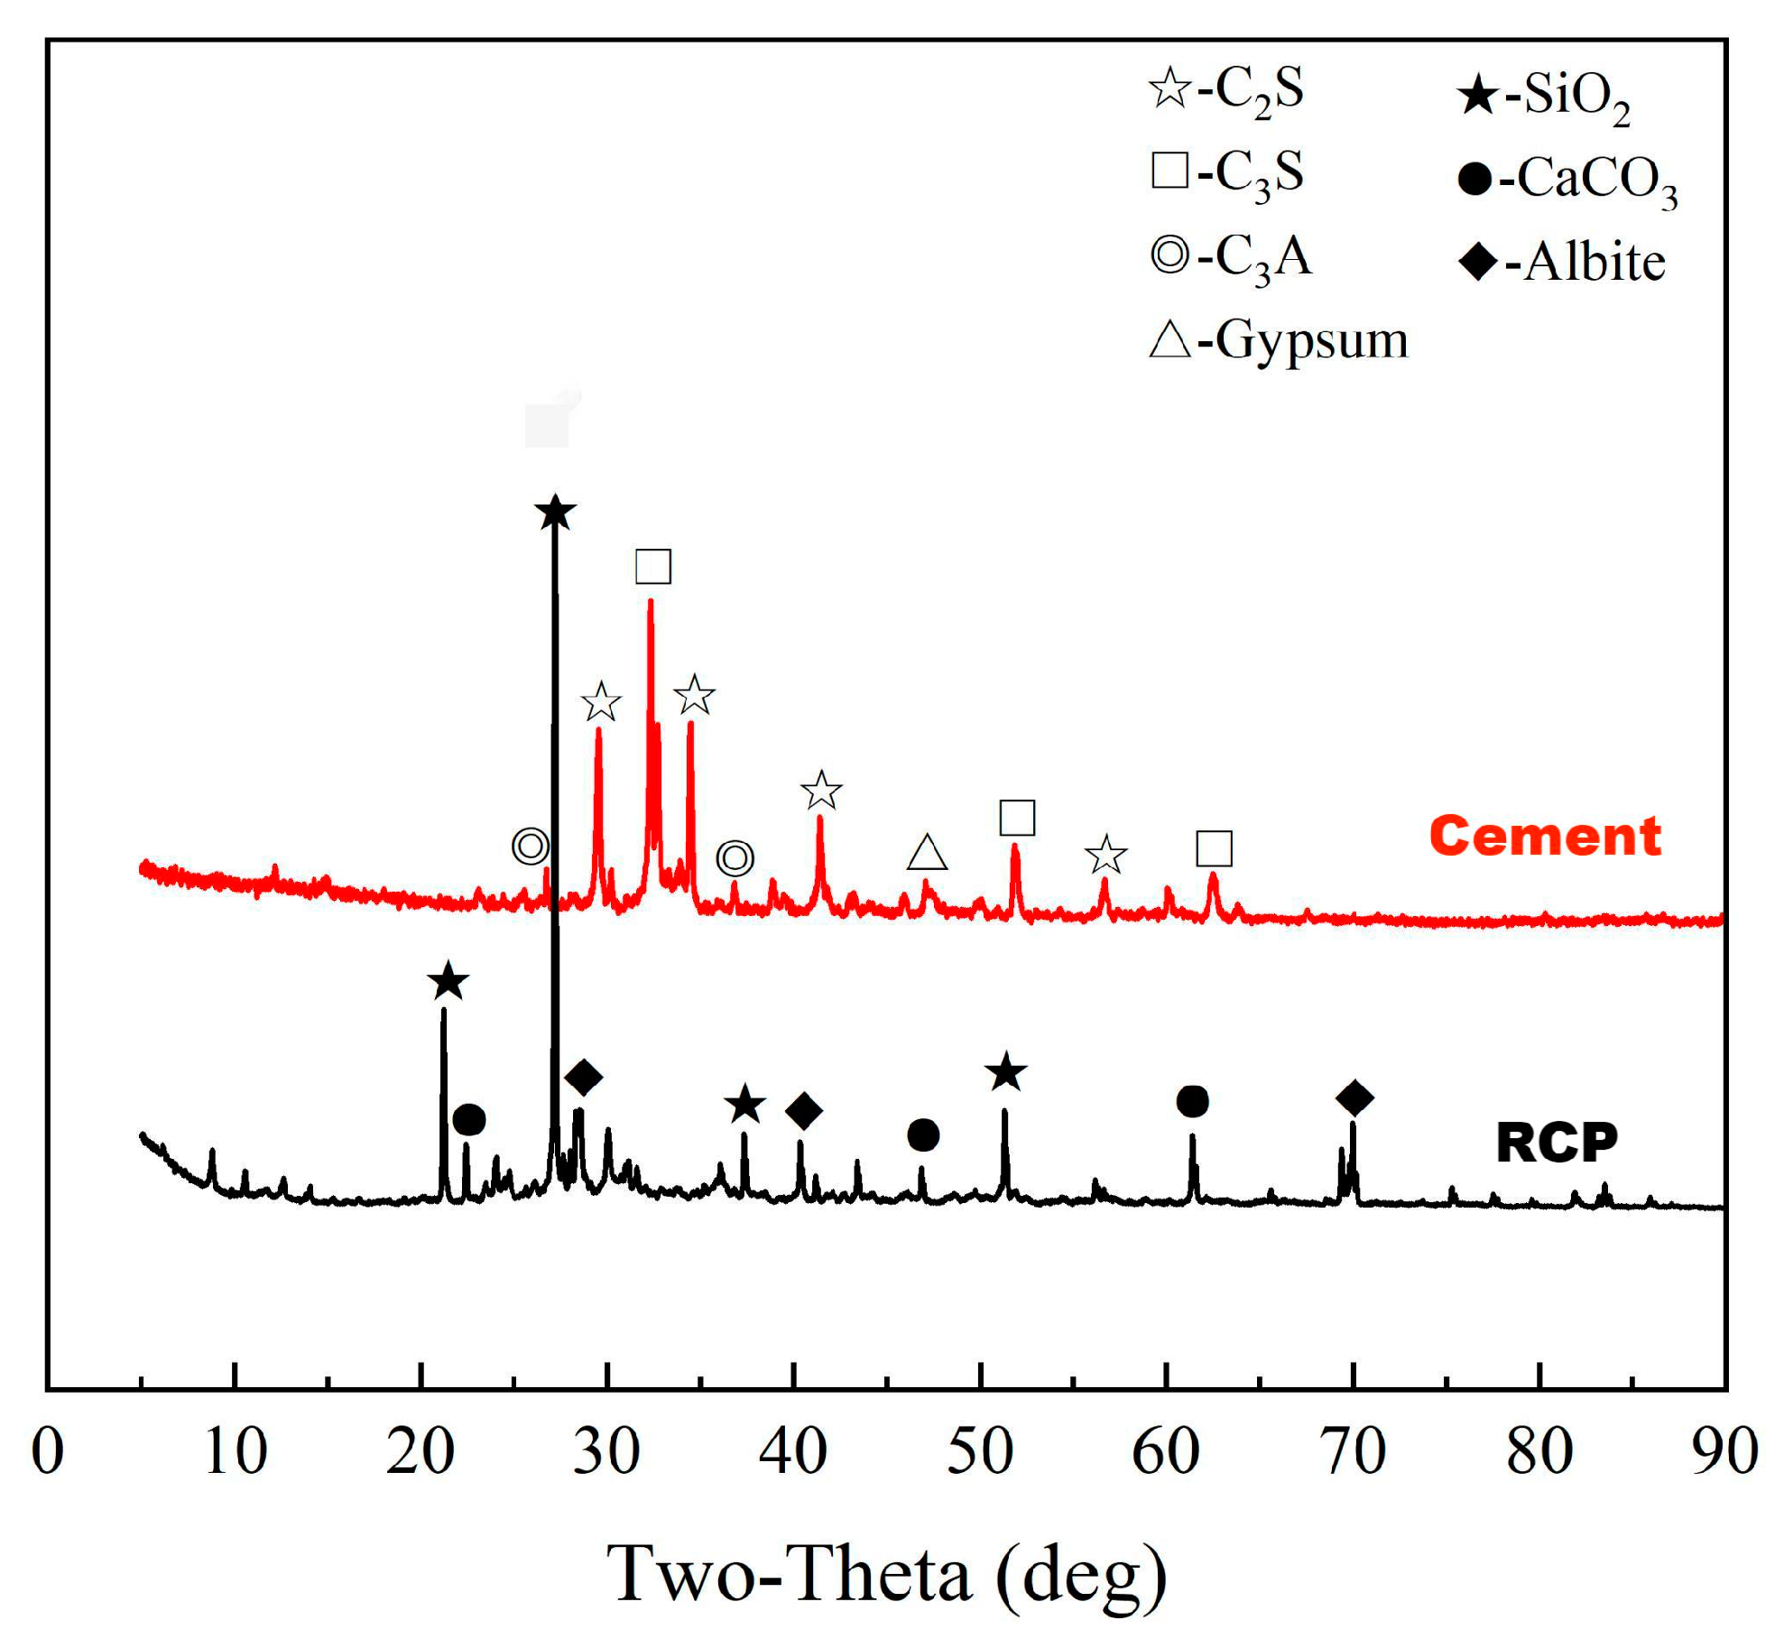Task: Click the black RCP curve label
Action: coord(1556,1143)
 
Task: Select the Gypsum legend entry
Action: coord(1277,340)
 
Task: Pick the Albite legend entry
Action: coord(1561,263)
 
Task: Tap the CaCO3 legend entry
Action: coord(1567,179)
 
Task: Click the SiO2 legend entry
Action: coord(1543,95)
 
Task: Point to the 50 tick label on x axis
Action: coord(979,1451)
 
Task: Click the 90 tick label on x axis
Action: coord(1724,1451)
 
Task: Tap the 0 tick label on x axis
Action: coord(48,1451)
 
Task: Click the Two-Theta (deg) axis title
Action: coord(887,1573)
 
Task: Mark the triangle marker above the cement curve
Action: coord(927,852)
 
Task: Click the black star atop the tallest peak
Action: coord(555,513)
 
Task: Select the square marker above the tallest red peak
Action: coord(652,566)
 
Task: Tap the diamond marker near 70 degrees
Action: coord(1354,1097)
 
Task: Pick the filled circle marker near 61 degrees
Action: coord(1192,1101)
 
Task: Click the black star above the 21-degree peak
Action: coord(448,982)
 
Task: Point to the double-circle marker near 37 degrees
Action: coord(735,857)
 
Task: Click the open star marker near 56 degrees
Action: coord(1105,855)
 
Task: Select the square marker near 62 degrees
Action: coord(1213,848)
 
